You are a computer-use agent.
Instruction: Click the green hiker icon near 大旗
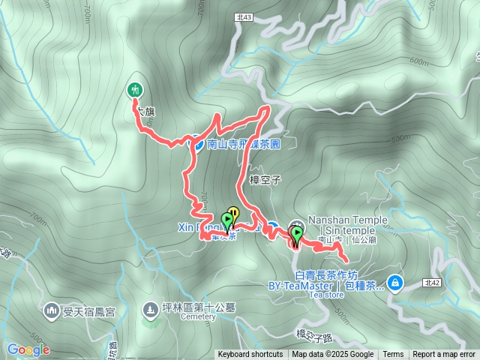tap(135, 90)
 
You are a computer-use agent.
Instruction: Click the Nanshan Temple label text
tap(347, 220)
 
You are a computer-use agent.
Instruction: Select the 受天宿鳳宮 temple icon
tap(51, 309)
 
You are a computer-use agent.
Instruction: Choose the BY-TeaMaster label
tap(302, 286)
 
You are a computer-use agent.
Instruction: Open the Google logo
tap(28, 349)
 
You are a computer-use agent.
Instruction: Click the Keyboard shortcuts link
tap(250, 355)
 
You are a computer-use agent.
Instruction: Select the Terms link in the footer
tap(393, 355)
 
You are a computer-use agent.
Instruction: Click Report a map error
tap(444, 355)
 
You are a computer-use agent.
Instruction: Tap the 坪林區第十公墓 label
tap(198, 307)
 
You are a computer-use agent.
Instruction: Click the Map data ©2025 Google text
tap(332, 355)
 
